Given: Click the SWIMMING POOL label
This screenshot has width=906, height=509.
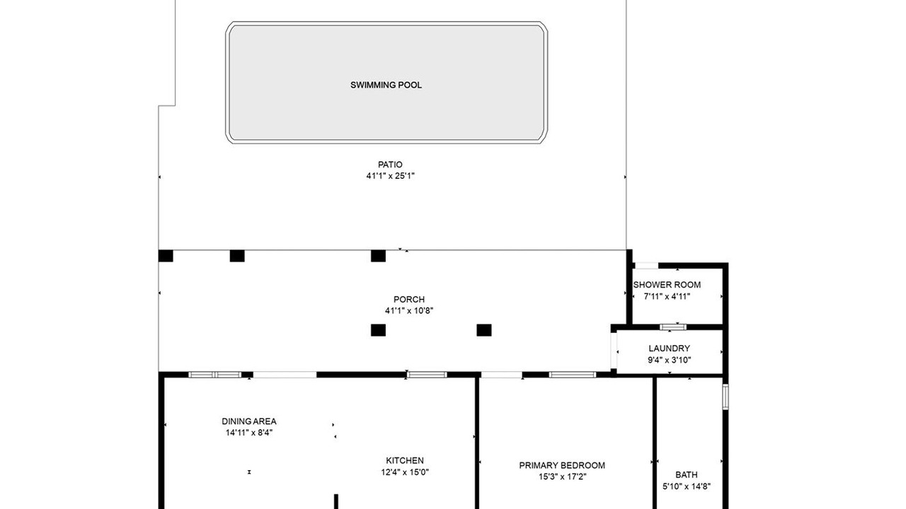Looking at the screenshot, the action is (386, 85).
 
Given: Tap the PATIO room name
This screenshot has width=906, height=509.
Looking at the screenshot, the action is (390, 165).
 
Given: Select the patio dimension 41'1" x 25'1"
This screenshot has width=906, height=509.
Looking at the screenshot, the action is (390, 176).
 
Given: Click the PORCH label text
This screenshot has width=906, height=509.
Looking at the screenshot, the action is (409, 299).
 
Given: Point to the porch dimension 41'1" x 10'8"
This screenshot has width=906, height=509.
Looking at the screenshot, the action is (409, 310).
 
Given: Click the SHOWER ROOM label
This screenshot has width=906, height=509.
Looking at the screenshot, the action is (667, 285).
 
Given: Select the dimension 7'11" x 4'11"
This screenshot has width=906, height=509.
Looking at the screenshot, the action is (667, 296).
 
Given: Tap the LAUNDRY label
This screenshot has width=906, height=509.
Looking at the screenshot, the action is (669, 349).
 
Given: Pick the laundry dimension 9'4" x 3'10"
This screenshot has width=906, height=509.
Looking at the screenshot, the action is (669, 360).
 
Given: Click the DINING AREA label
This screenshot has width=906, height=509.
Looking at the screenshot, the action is (249, 421).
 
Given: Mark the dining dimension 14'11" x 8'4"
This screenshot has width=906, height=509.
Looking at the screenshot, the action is (249, 433).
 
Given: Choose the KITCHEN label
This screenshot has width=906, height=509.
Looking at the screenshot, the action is (404, 460).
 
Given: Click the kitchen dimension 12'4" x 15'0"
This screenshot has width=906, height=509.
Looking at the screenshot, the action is (404, 472).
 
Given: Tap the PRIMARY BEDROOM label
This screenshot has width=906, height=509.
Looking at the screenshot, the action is (562, 465).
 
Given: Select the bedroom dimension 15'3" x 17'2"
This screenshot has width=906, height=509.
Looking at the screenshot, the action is (562, 476).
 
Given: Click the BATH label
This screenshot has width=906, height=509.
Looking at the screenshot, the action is (687, 474).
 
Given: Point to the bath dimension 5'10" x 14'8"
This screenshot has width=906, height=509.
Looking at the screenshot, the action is (687, 486).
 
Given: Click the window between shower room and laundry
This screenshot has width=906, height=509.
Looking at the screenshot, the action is (673, 327).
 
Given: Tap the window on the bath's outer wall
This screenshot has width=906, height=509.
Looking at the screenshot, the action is (726, 397).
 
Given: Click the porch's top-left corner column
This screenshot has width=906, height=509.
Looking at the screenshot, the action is (166, 256).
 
